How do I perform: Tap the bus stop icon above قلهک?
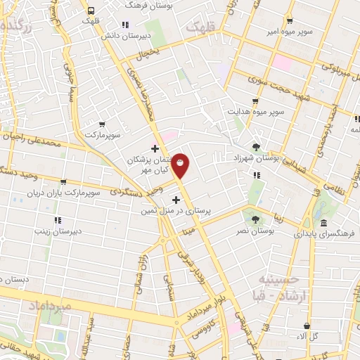(91, 11)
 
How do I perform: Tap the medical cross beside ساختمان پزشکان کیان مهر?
(155, 148)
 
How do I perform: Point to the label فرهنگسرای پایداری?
(325, 232)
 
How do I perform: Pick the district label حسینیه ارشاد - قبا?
(285, 285)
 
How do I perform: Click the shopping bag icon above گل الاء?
(307, 326)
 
